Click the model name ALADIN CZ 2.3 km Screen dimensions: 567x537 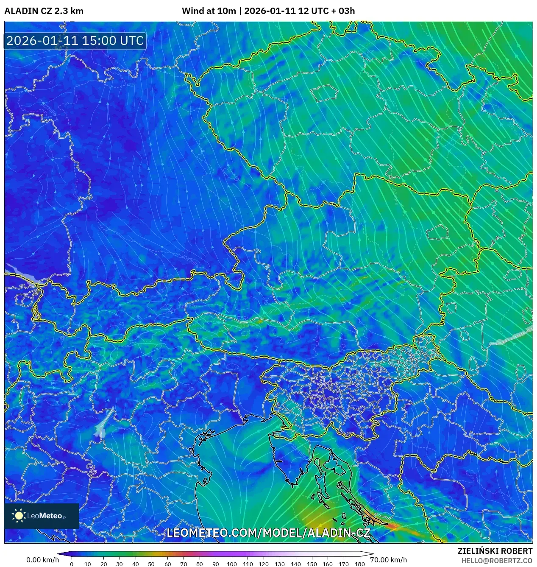44,11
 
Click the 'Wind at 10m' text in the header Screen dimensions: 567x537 209,11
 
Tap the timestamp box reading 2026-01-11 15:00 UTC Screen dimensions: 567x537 75,41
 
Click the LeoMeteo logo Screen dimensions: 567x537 42,516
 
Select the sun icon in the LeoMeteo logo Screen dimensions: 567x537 19,516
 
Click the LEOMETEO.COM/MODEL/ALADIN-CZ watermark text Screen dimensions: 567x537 268,533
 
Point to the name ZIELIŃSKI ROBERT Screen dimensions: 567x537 495,551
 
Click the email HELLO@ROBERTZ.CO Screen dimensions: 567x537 497,561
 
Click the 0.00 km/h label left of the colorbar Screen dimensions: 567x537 42,560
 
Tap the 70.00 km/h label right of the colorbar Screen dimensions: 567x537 388,560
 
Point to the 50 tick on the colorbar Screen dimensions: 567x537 151,564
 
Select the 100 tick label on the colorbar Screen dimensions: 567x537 231,564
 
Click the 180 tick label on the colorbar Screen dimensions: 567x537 359,564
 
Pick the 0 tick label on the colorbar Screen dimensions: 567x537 72,564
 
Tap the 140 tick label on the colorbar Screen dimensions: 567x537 295,564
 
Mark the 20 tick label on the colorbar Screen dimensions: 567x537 103,564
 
